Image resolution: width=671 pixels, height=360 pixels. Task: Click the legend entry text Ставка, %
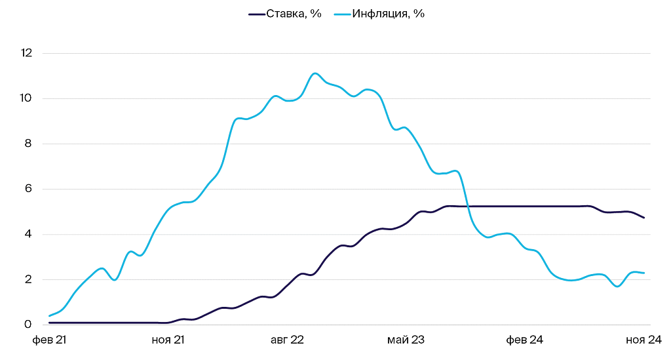click(294, 14)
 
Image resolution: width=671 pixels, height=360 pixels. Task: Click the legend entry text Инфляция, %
click(389, 14)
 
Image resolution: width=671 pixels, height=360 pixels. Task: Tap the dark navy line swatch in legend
click(256, 14)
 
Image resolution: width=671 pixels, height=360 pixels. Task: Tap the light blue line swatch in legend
click(342, 14)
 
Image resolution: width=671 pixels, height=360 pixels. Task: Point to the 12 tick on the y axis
click(27, 53)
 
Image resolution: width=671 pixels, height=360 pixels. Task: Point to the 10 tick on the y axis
click(27, 98)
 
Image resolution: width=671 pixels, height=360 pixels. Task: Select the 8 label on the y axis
click(28, 144)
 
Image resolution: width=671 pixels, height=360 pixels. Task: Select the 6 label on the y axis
click(28, 189)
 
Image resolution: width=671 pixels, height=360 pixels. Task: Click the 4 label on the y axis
click(28, 234)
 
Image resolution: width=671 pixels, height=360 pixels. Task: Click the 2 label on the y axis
click(28, 279)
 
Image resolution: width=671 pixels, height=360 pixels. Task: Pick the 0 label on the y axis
click(28, 325)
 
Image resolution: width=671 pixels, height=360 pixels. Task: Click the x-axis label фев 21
click(50, 340)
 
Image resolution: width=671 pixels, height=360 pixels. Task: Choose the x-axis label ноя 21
click(168, 340)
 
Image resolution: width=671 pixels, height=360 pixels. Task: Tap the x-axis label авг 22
click(288, 340)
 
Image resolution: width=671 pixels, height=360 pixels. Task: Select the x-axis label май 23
click(406, 340)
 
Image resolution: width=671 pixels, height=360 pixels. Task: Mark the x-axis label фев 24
click(526, 340)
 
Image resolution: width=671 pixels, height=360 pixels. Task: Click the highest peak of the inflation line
click(315, 73)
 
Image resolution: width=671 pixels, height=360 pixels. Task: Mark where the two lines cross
click(468, 206)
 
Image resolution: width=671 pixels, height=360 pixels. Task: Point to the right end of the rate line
click(644, 218)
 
